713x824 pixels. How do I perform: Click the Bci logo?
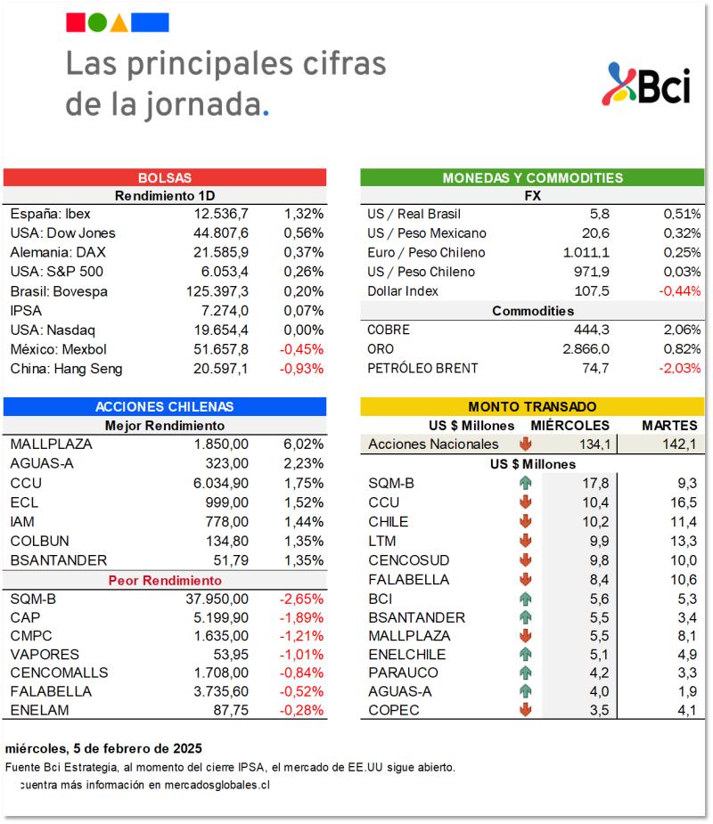click(647, 85)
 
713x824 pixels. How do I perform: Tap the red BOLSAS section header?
click(165, 178)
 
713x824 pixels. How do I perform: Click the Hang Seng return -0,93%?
click(303, 369)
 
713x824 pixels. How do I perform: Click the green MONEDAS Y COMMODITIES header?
click(532, 178)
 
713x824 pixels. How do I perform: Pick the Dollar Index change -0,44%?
click(679, 291)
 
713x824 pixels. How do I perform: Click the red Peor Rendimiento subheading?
click(165, 580)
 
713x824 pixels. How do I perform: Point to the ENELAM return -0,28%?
click(303, 710)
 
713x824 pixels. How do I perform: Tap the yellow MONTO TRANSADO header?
click(532, 406)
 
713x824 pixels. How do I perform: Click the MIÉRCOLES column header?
click(570, 426)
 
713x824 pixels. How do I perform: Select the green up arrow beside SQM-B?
click(525, 484)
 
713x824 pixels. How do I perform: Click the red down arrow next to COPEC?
click(525, 710)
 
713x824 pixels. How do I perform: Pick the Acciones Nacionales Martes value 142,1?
click(679, 445)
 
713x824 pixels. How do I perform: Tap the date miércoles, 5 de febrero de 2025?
click(103, 748)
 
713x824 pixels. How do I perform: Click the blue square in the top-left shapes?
click(155, 23)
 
